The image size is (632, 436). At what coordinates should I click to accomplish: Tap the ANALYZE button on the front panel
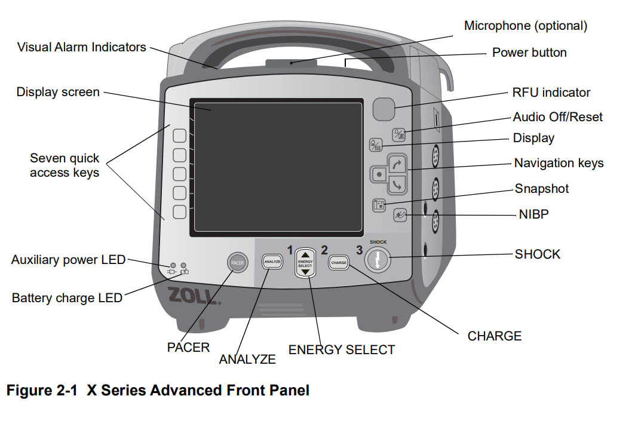[272, 262]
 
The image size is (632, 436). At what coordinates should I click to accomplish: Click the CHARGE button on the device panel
[339, 263]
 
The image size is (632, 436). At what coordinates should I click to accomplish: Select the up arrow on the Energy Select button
[305, 255]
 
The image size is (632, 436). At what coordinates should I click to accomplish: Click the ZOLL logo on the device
[194, 296]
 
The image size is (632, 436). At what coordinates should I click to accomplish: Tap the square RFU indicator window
[384, 109]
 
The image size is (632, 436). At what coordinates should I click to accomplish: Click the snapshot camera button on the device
[379, 205]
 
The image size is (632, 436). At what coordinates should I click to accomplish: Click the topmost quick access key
[179, 136]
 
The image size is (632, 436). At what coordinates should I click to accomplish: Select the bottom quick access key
[179, 212]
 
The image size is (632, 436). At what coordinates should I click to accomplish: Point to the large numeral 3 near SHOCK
[360, 250]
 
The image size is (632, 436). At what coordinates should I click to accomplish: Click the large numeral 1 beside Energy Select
[290, 250]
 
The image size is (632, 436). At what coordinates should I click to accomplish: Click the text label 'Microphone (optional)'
[526, 26]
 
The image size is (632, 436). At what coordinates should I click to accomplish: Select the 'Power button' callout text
[530, 53]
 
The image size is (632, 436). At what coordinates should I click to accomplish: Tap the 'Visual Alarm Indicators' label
[81, 47]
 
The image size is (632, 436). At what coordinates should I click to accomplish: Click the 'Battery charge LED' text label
[67, 298]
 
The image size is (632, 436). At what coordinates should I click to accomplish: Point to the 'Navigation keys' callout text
[559, 163]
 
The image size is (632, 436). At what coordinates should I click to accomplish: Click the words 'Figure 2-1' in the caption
[41, 391]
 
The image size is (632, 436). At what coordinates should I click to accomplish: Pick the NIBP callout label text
[533, 214]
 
